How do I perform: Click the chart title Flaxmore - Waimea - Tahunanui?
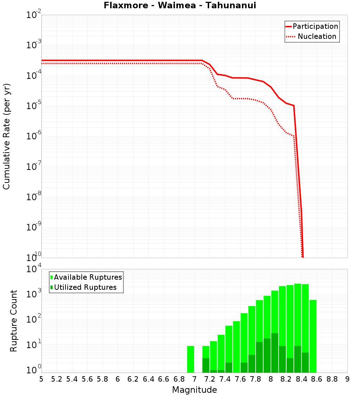click(180, 5)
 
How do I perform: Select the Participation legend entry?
click(315, 26)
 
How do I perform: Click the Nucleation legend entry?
click(317, 36)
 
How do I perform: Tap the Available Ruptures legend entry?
click(88, 277)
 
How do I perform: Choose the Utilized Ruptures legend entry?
click(85, 287)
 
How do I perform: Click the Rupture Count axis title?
click(14, 320)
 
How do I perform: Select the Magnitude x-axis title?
click(194, 390)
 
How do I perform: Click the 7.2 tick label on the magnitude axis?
click(210, 379)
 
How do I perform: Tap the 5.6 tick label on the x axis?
click(87, 379)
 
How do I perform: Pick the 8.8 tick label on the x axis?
click(332, 379)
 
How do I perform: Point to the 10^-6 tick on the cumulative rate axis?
click(34, 136)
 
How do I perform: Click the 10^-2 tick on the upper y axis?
click(34, 15)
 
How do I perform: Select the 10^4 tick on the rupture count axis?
click(34, 269)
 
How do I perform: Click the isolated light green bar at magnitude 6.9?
click(190, 359)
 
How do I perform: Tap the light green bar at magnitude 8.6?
click(313, 336)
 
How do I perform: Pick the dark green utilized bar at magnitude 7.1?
click(206, 365)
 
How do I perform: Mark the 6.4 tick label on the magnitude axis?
click(148, 379)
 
